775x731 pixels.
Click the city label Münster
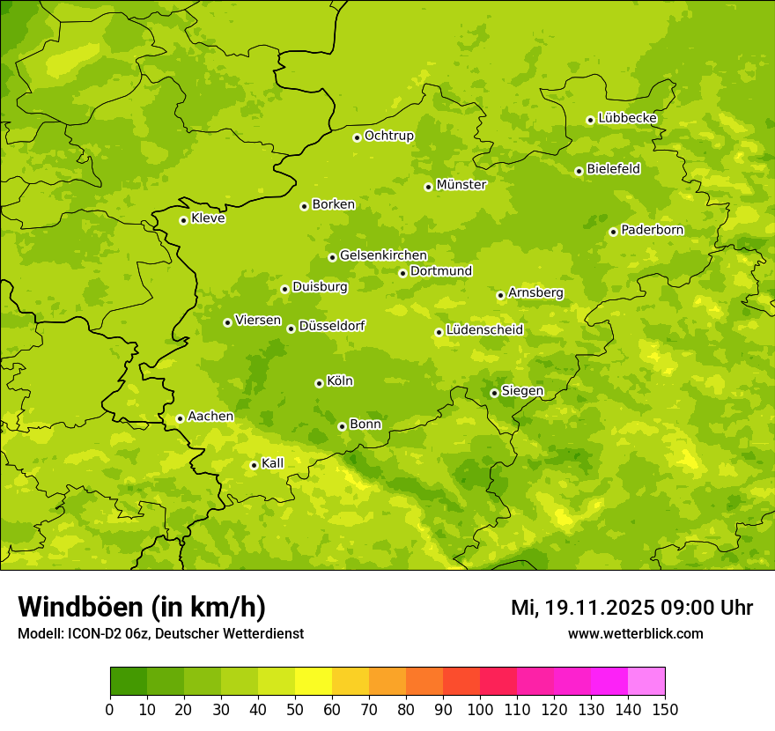pyautogui.click(x=461, y=185)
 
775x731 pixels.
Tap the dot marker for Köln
pyautogui.click(x=319, y=383)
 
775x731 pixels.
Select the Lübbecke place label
pyautogui.click(x=627, y=118)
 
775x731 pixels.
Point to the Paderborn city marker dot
pyautogui.click(x=613, y=232)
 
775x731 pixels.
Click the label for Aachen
pyautogui.click(x=210, y=417)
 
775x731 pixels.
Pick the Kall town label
pyautogui.click(x=273, y=463)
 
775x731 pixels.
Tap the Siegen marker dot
pyautogui.click(x=494, y=393)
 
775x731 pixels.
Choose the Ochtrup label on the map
pyautogui.click(x=389, y=136)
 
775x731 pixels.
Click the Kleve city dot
pyautogui.click(x=183, y=220)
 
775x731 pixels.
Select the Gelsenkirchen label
pyautogui.click(x=383, y=255)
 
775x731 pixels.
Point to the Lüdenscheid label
pyautogui.click(x=484, y=330)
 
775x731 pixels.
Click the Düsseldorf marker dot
pyautogui.click(x=291, y=329)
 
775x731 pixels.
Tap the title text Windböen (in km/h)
pyautogui.click(x=142, y=607)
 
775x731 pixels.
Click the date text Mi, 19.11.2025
pyautogui.click(x=580, y=608)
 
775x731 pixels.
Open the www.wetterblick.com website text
pyautogui.click(x=635, y=633)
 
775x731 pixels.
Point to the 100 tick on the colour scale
pyautogui.click(x=480, y=709)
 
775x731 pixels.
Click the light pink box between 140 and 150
pyautogui.click(x=646, y=682)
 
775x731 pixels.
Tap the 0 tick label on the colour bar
pyautogui.click(x=110, y=709)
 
